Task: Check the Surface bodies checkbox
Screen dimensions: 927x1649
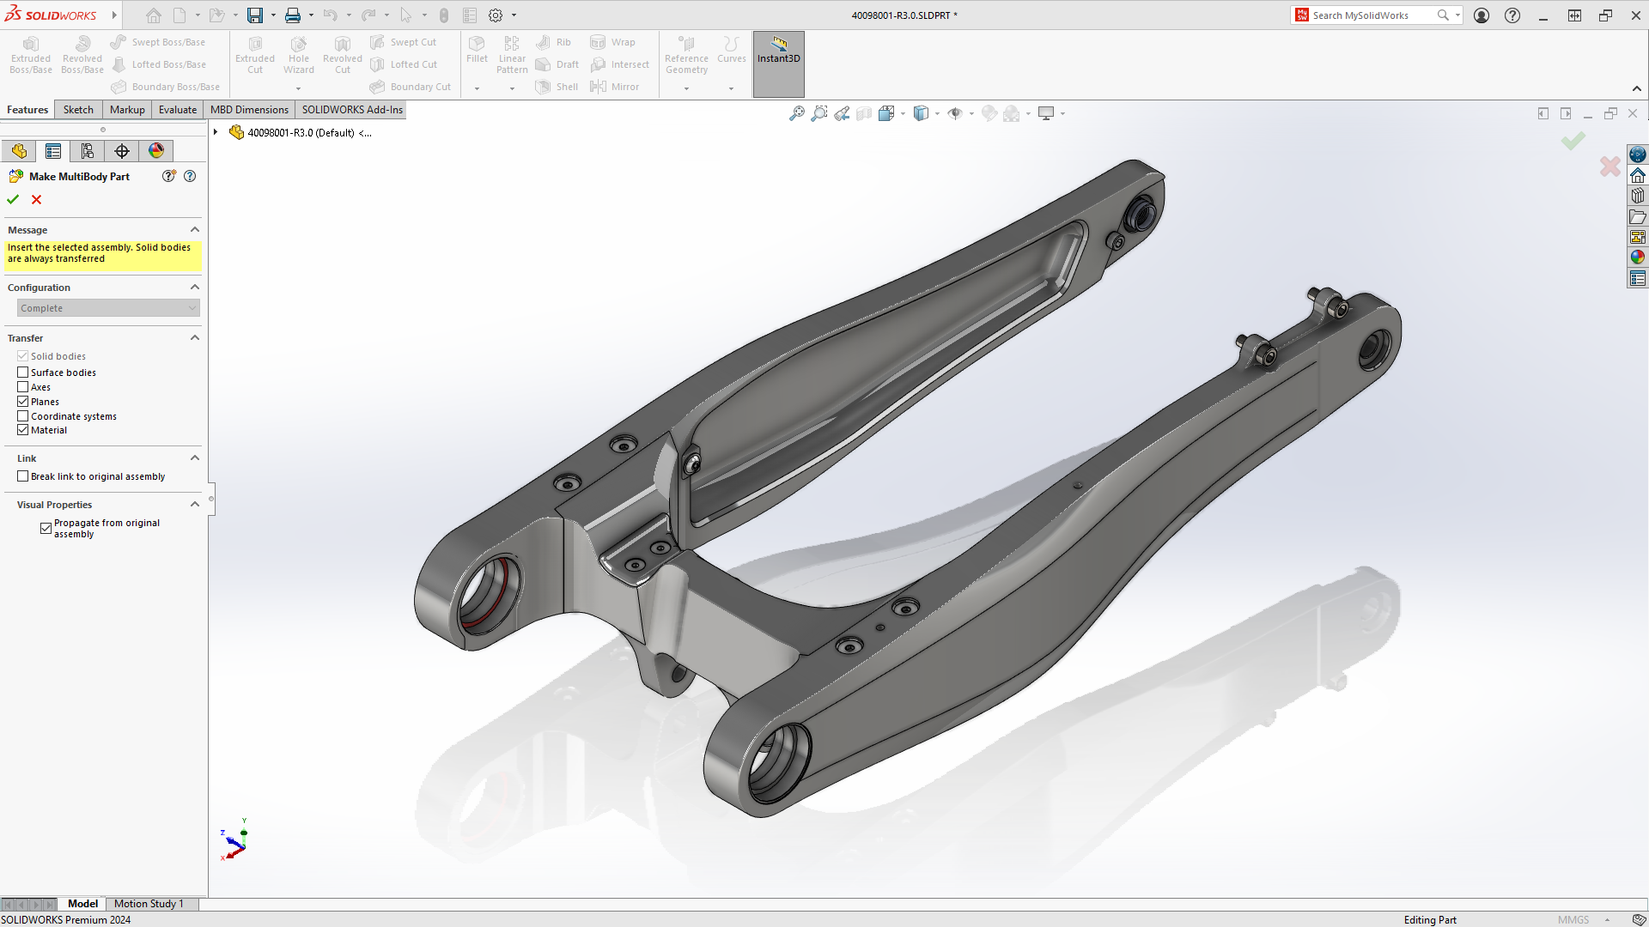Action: tap(23, 373)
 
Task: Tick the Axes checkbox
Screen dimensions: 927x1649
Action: tap(23, 387)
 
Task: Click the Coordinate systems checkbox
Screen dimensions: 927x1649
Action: tap(23, 416)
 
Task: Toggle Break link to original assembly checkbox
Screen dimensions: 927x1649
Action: tap(23, 476)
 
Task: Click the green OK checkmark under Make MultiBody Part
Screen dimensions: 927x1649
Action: tap(13, 199)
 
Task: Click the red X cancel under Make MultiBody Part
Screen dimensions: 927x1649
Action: tap(36, 199)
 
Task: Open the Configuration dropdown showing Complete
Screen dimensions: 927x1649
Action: tap(108, 308)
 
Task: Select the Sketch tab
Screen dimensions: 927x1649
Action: tap(78, 110)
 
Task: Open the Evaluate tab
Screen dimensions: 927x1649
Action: tap(177, 110)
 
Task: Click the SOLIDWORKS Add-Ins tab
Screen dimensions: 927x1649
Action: tap(351, 110)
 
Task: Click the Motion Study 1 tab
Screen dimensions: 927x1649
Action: tap(149, 904)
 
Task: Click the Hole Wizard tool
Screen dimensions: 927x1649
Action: tap(298, 55)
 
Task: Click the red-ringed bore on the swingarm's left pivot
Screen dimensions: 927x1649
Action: tap(490, 592)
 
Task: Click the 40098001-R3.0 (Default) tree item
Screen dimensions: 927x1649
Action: tap(300, 133)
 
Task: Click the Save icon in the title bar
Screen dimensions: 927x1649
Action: tap(255, 15)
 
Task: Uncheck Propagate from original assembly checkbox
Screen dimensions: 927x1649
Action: tap(46, 529)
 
